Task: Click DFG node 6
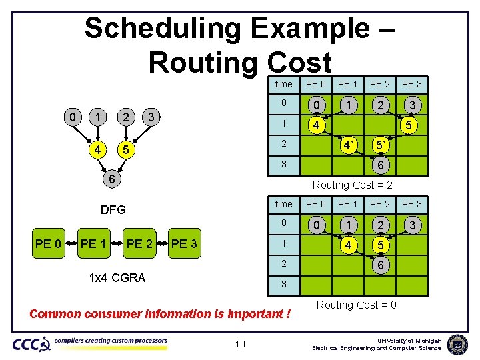coord(114,179)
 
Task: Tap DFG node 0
coord(73,117)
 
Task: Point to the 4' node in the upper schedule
coord(347,145)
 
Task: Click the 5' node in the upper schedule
coord(379,145)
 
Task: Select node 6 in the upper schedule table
coord(379,165)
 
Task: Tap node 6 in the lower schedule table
coord(379,265)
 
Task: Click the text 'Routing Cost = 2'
coord(353,185)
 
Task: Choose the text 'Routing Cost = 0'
coord(356,305)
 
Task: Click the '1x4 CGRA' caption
coord(117,278)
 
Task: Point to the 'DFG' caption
coord(113,210)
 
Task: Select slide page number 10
coord(240,343)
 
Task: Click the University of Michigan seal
coord(458,343)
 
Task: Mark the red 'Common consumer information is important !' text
coord(160,313)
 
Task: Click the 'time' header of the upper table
coord(283,84)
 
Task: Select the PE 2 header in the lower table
coord(380,204)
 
